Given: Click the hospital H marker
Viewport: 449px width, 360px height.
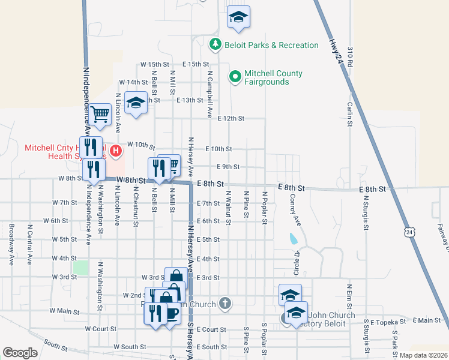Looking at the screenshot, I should (115, 146).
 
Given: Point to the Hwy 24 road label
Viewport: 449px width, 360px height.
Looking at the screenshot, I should (337, 52).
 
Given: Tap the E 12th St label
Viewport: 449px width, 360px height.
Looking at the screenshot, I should (231, 119).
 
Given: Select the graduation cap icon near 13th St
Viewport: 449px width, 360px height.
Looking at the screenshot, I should (136, 103).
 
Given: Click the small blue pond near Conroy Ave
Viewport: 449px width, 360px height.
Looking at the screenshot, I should (292, 238).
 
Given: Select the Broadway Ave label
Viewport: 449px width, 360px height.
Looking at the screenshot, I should (11, 244).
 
